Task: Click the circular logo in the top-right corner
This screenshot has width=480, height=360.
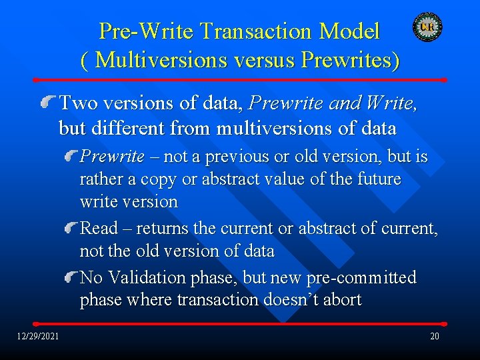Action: [427, 27]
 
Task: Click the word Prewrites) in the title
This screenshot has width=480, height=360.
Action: [351, 60]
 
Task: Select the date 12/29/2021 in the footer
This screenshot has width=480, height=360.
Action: [38, 335]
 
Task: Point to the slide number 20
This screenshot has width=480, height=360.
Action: [434, 336]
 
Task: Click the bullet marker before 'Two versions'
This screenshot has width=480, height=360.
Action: [49, 102]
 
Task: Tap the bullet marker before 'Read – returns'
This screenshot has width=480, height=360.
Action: [71, 229]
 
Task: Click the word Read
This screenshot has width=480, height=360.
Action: [97, 229]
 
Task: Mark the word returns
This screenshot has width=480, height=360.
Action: [163, 229]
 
